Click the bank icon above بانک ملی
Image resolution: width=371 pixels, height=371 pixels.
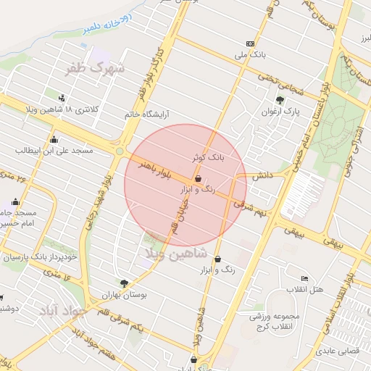(251, 43)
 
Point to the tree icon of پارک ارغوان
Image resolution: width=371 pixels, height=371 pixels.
(280, 100)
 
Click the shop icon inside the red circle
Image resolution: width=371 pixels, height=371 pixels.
(198, 178)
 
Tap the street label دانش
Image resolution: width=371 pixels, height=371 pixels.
(263, 175)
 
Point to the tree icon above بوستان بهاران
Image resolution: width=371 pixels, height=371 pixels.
(125, 283)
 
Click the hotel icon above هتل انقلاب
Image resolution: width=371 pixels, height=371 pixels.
(304, 278)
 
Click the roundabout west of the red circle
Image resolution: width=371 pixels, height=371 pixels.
(118, 151)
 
